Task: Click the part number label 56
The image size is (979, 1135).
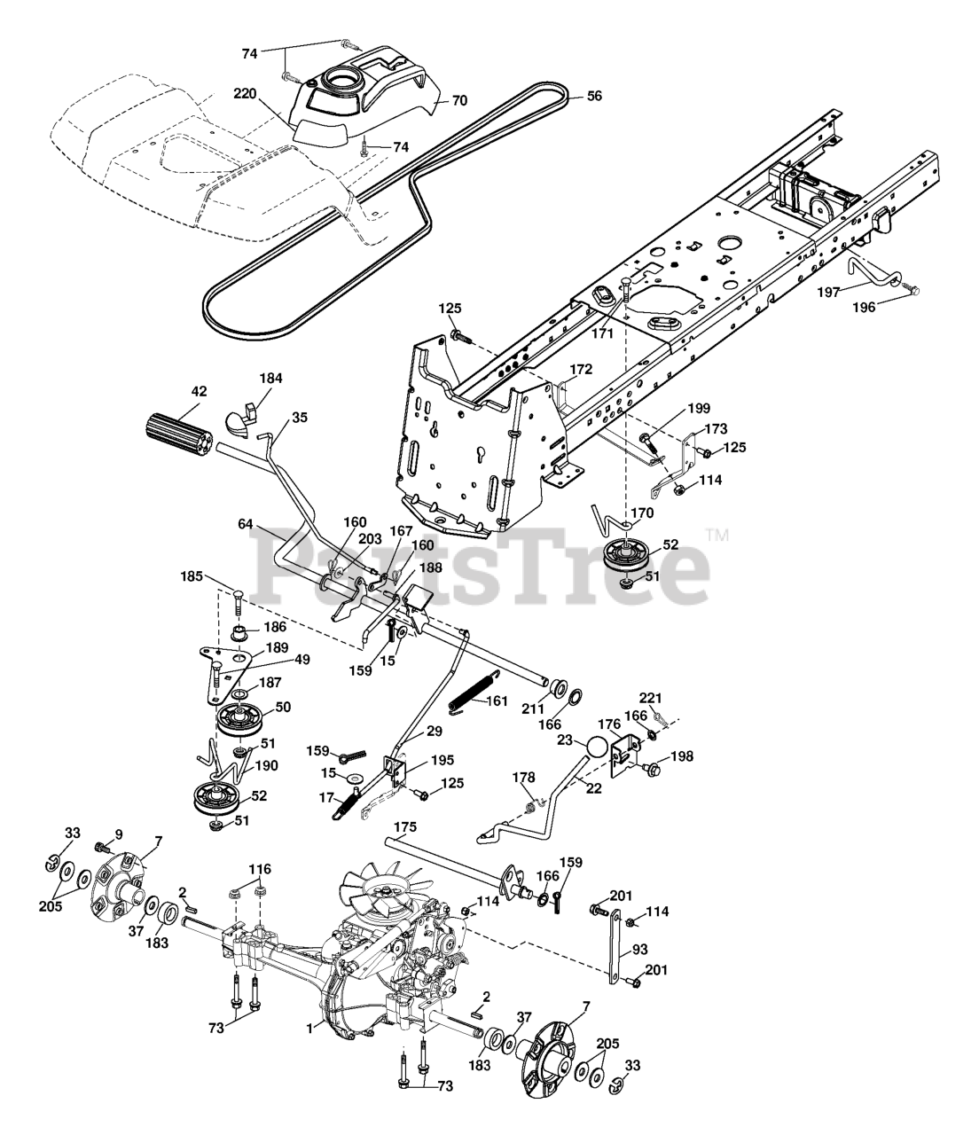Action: [593, 95]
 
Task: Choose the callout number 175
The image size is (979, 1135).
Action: [405, 826]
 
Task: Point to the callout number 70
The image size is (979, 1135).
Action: [458, 100]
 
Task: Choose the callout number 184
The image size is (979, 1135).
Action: [270, 378]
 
